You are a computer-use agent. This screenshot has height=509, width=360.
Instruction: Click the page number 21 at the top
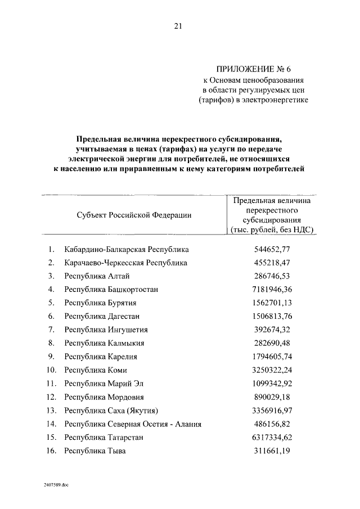coord(178,26)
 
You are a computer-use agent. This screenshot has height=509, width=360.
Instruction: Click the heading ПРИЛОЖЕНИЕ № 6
coord(255,70)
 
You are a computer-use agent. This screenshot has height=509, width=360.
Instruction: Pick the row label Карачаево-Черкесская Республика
coord(125,263)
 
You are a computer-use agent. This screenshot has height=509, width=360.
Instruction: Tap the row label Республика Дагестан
coord(102,317)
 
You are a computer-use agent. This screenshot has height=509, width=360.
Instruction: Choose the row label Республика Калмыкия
coord(105,343)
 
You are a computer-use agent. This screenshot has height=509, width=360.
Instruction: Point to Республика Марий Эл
coord(104,384)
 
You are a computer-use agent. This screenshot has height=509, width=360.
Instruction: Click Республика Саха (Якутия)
coord(111,411)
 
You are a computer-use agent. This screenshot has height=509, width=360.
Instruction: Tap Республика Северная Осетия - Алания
coord(133,424)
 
